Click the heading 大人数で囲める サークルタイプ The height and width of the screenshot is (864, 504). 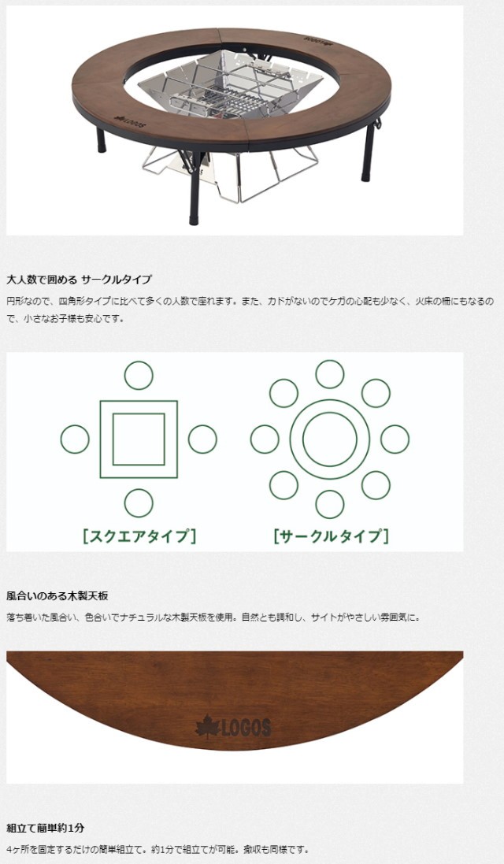click(79, 280)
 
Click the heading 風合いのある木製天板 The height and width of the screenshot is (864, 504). click(57, 596)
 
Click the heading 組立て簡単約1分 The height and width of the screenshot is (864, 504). click(45, 829)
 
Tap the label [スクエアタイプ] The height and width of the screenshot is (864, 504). click(139, 536)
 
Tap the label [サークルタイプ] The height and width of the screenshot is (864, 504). click(331, 536)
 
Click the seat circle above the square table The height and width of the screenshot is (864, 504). click(139, 376)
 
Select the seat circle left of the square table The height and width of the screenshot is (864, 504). click(75, 439)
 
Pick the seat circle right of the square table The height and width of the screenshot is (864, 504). click(202, 439)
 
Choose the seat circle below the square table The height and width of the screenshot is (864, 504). click(139, 502)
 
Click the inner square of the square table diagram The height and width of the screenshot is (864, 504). click(139, 439)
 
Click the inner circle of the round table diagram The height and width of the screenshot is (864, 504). click(330, 439)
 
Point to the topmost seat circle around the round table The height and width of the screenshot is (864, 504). click(330, 373)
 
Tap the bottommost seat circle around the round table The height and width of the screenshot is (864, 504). click(330, 504)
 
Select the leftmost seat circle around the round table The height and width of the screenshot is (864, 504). click(265, 439)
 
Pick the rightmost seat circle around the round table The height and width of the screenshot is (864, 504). click(395, 439)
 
